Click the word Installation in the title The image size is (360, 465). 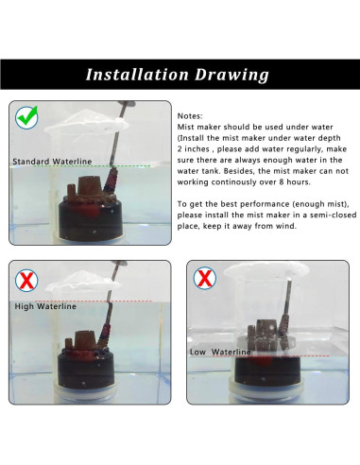click(137, 75)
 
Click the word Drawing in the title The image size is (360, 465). click(231, 76)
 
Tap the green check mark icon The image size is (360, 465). click(26, 117)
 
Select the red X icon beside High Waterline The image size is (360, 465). click(26, 280)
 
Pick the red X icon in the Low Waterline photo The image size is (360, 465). click(205, 278)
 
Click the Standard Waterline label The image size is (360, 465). click(52, 162)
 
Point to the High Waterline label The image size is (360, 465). click(45, 306)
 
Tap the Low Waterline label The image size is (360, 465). click(220, 352)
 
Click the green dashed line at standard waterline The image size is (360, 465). click(92, 165)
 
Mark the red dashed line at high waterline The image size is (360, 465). click(94, 301)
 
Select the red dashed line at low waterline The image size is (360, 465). click(270, 356)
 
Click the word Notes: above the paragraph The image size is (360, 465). click(190, 116)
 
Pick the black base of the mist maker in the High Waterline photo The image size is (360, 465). click(86, 368)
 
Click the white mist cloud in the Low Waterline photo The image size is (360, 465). click(266, 270)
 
